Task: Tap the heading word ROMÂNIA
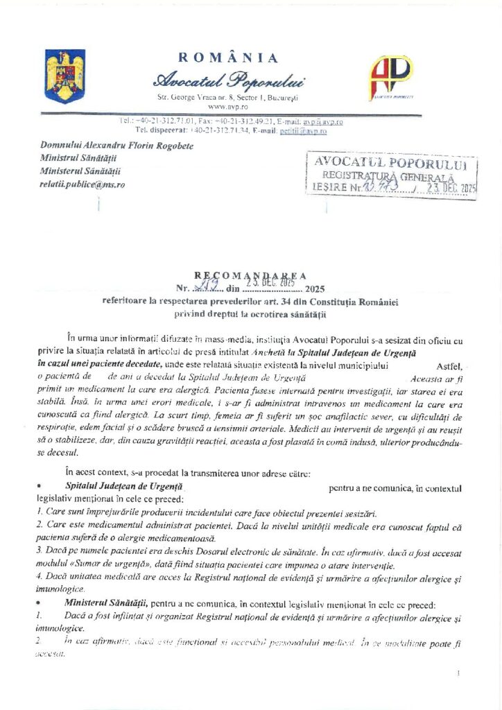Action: point(228,58)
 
